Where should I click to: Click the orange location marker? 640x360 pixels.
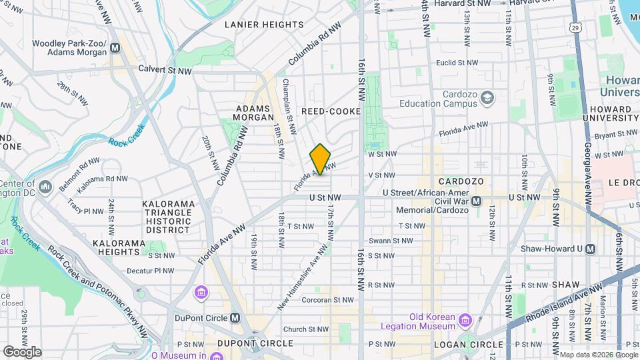tap(320, 159)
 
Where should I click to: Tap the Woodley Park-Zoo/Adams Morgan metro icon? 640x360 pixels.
tap(116, 47)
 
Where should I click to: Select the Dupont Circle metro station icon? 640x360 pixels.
tap(234, 317)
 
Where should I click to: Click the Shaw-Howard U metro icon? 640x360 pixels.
tap(590, 249)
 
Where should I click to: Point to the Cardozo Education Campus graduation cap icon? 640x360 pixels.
tap(488, 99)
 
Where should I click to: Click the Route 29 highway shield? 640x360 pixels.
tap(575, 27)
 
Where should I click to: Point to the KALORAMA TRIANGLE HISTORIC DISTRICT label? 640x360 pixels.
tap(169, 217)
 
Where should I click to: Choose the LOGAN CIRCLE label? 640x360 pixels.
tap(465, 344)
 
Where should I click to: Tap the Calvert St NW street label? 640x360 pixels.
tap(165, 69)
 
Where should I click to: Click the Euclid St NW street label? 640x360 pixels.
tap(456, 63)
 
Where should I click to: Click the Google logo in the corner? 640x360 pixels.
tap(21, 351)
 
